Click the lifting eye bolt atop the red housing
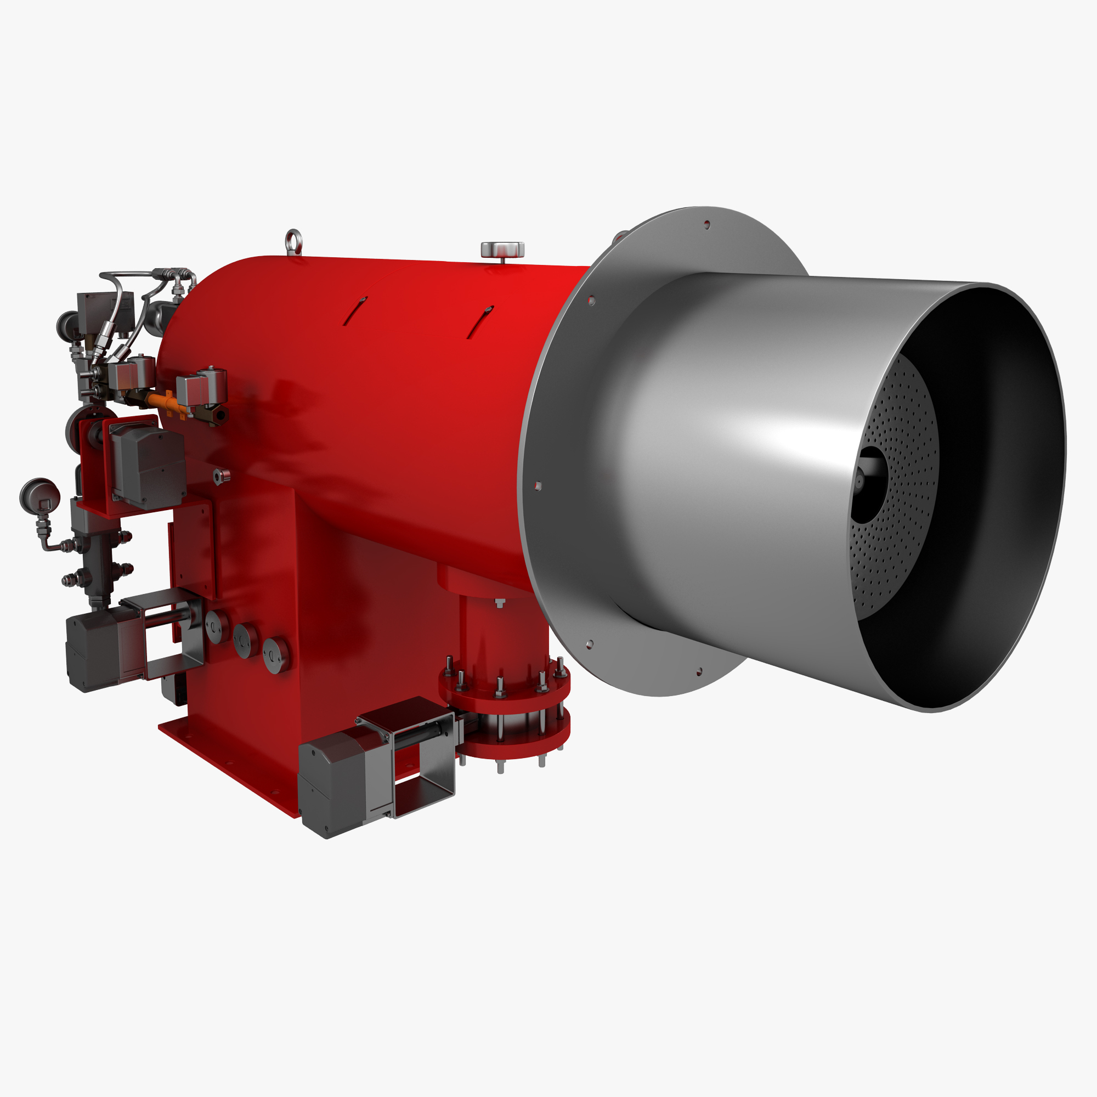(x=293, y=241)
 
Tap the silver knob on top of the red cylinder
(x=502, y=249)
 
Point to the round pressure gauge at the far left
(x=39, y=495)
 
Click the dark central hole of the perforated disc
(x=867, y=483)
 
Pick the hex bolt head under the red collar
(x=499, y=603)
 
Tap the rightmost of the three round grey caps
(x=276, y=655)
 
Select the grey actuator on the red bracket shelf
(x=148, y=466)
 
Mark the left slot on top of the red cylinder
(x=354, y=310)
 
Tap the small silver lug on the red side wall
(x=222, y=475)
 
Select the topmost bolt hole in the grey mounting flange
(x=707, y=225)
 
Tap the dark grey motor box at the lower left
(x=91, y=653)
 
